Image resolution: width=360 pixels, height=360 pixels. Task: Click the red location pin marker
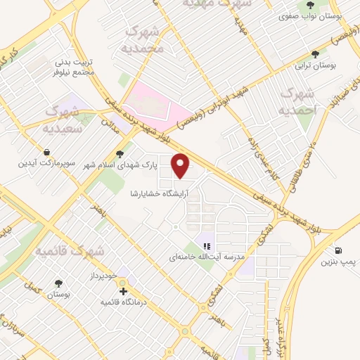pos(181,165)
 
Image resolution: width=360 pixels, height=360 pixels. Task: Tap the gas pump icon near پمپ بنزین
pos(339,250)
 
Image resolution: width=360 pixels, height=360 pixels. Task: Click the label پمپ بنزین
pos(334,263)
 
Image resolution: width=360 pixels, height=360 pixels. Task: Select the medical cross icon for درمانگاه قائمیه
pos(123,290)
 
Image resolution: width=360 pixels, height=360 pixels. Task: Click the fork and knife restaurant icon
pos(207,246)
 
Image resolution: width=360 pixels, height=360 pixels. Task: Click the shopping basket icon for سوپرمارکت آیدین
pos(46,152)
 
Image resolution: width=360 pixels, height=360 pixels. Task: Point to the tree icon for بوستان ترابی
pos(314,53)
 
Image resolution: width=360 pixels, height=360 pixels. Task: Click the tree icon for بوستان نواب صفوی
pos(310,5)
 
